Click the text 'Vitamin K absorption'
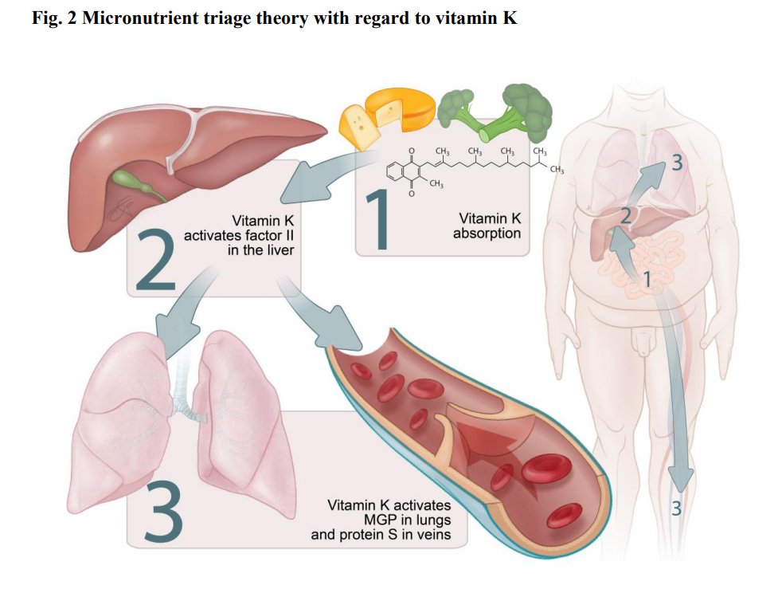pos(487,226)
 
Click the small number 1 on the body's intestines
pos(647,278)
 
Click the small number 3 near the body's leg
pos(676,507)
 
